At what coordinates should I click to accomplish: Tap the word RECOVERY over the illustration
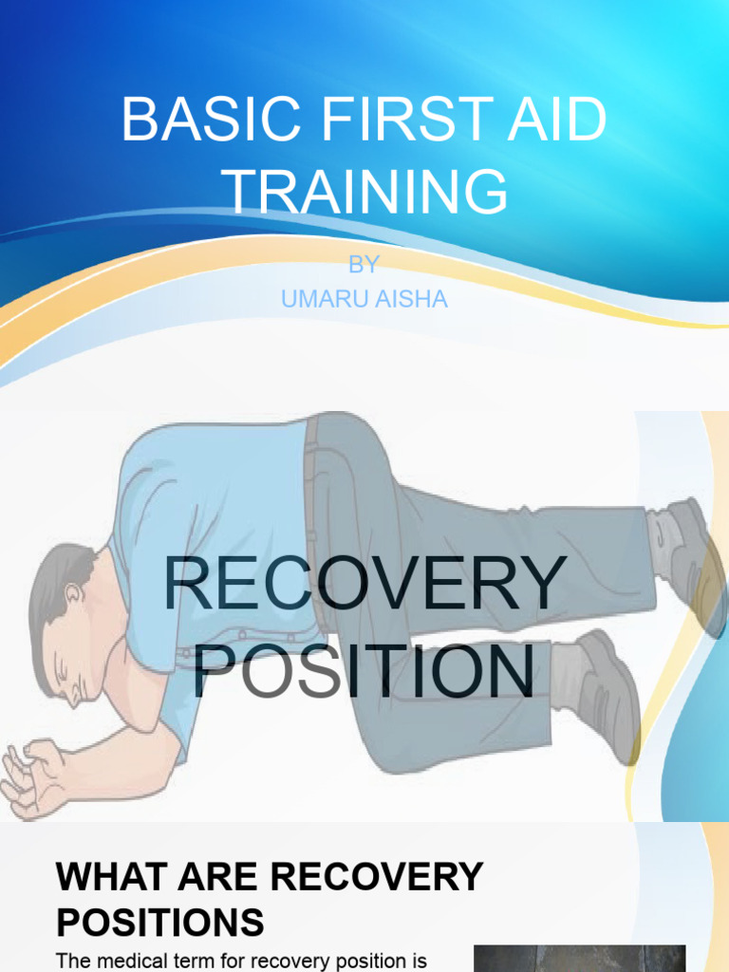[364, 585]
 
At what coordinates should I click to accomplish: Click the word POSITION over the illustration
[364, 671]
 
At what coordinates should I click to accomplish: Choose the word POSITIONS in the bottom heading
[160, 923]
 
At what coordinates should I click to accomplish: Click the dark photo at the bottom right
[579, 959]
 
